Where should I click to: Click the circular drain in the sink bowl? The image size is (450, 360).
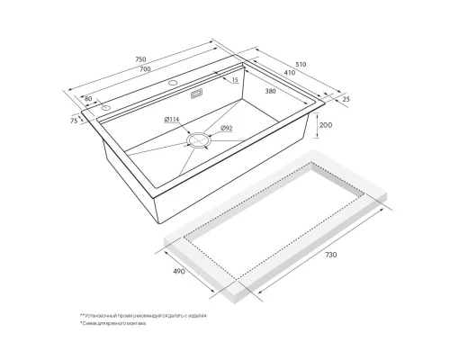click(x=197, y=140)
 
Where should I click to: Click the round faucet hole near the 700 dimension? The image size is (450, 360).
click(x=173, y=83)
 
